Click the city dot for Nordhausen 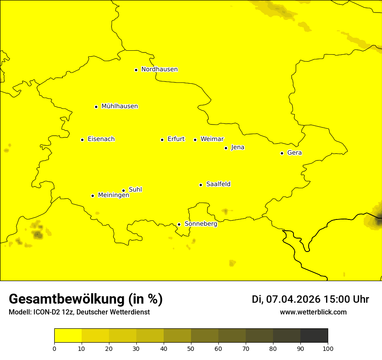pos(136,70)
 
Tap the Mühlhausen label pos(119,106)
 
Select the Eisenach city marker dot pos(82,140)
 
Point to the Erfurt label pos(176,139)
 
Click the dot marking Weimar pos(195,140)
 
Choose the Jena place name pos(237,147)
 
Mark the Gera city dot pos(282,153)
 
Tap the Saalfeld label pos(218,184)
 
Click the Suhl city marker pos(123,190)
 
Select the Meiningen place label pos(113,195)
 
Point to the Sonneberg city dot pos(179,224)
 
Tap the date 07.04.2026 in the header pos(293,299)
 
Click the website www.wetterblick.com pos(313,312)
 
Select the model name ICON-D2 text pos(49,312)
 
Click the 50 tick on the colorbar pos(191,348)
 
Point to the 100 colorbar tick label pos(328,348)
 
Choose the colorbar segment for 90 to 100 pos(314,335)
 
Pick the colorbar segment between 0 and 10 pos(68,335)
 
